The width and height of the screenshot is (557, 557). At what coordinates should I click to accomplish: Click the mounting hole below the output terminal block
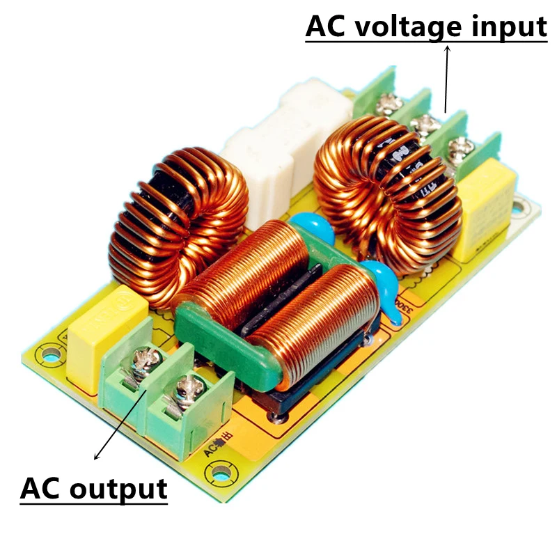pos(222,476)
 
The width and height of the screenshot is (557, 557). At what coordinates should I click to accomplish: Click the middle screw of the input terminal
pos(424,125)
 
